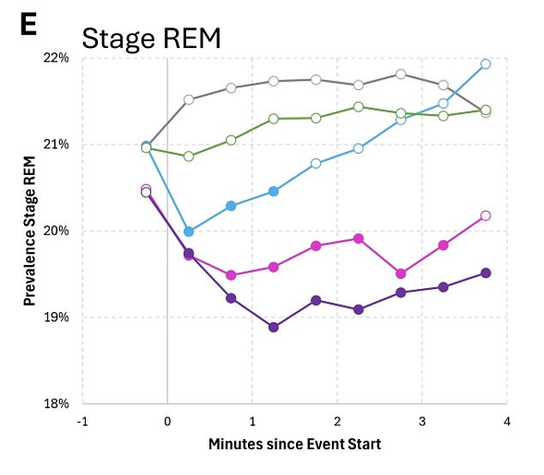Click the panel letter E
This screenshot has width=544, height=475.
28,25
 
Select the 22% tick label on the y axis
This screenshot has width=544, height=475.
56,57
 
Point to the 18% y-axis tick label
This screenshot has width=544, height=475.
56,403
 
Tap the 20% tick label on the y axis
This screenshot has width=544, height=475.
56,231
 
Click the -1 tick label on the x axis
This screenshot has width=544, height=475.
82,421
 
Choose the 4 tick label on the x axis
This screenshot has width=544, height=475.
507,421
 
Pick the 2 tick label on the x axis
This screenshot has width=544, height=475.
337,421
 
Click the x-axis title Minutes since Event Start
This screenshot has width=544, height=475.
294,444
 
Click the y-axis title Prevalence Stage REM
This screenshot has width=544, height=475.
29,230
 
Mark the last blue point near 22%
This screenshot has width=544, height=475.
486,64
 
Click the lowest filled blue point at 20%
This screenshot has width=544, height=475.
189,231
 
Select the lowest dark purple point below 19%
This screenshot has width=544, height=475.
274,327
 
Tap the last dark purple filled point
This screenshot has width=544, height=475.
486,273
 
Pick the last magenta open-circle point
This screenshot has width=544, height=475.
486,216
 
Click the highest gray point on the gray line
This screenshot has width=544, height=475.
401,74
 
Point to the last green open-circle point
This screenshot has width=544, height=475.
486,110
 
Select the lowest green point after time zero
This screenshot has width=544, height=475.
189,156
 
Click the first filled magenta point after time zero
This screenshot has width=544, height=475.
189,255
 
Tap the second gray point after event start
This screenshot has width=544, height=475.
231,87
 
